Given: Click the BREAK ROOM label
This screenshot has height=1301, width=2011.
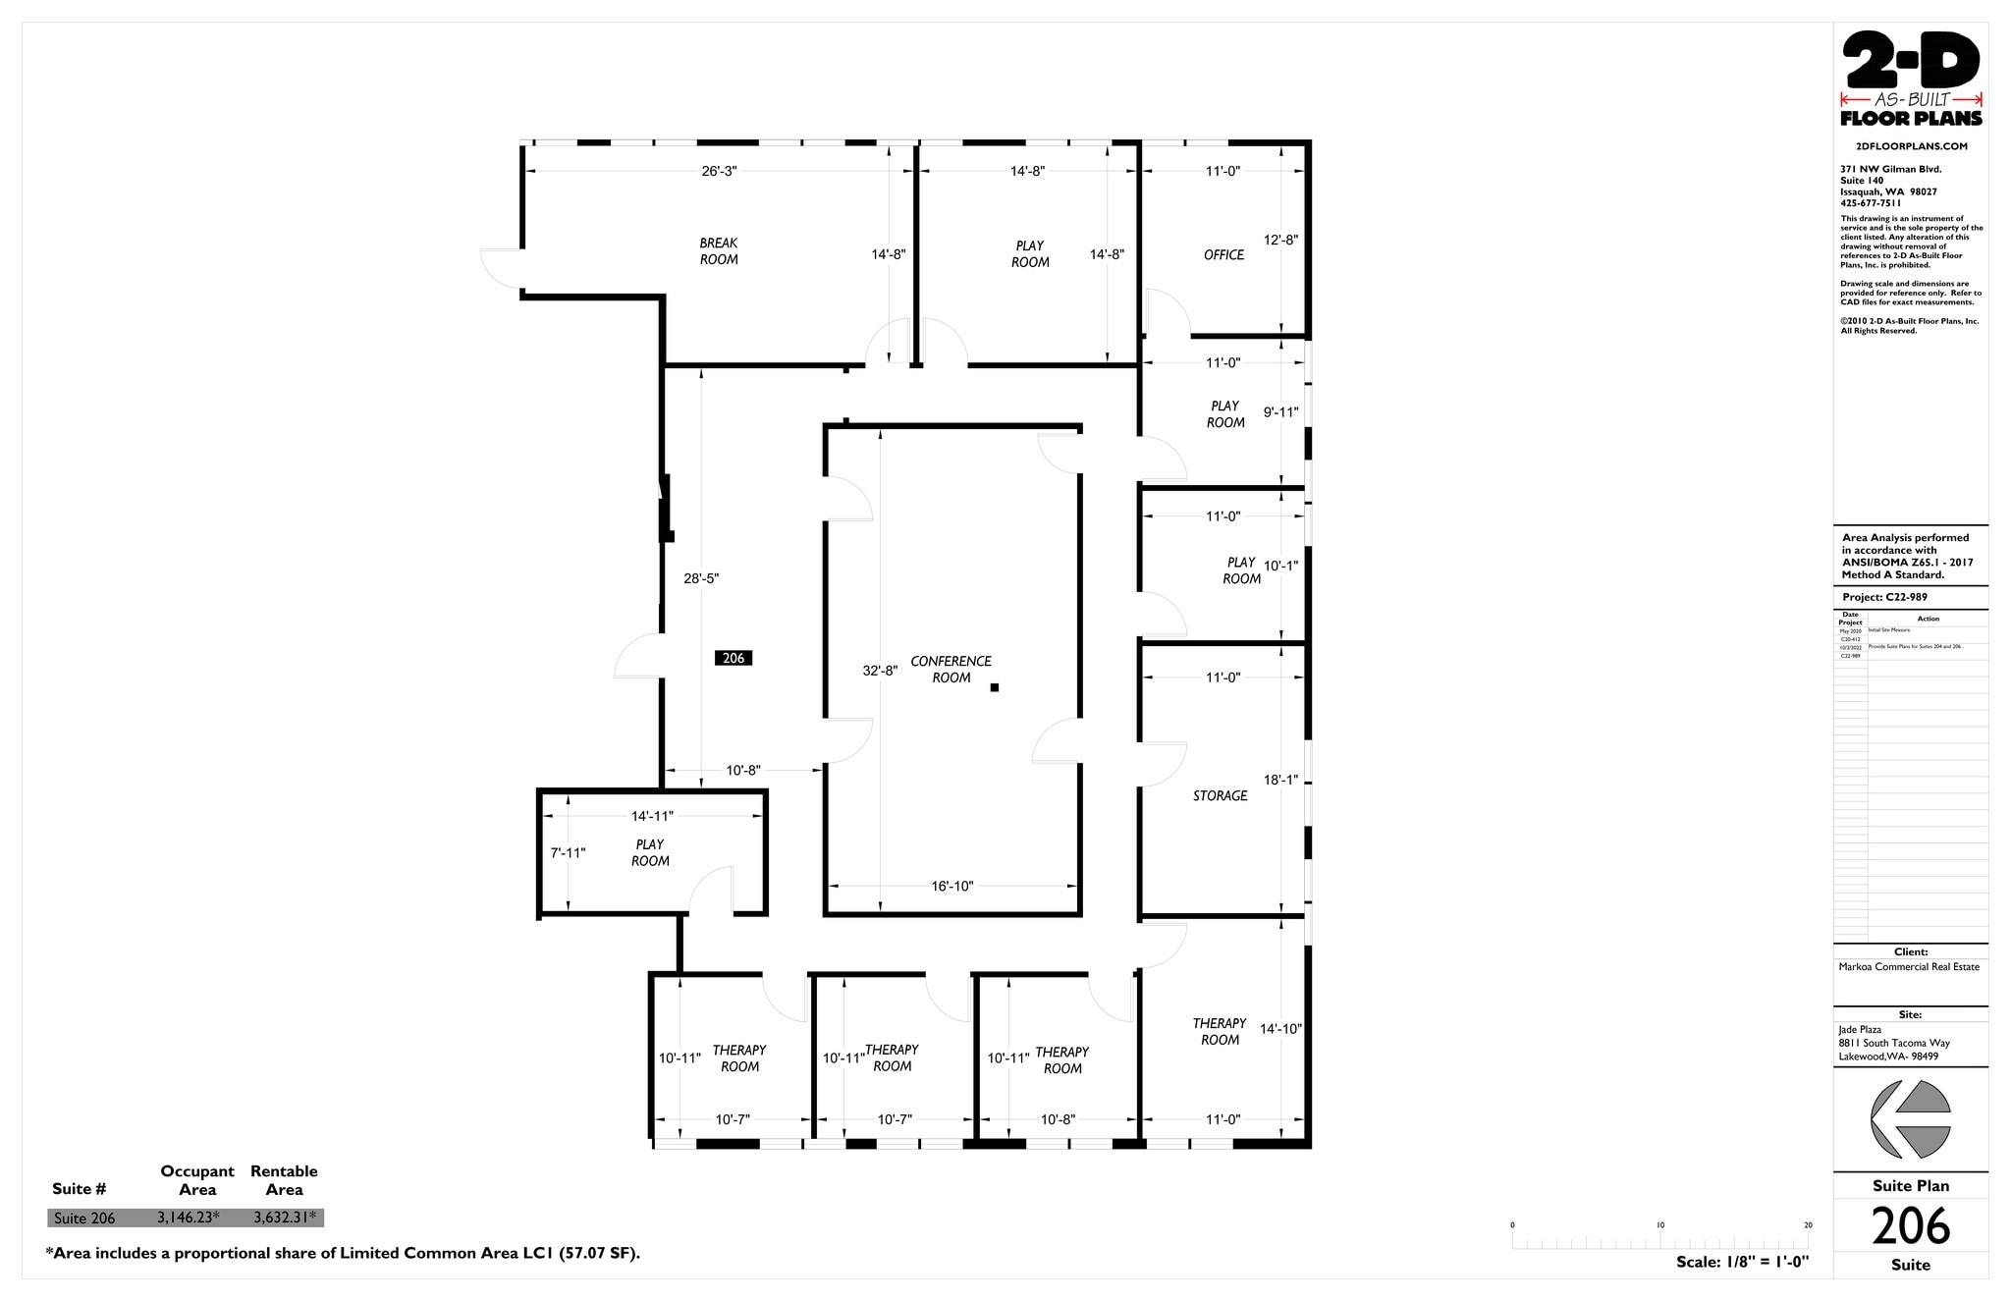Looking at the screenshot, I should point(719,251).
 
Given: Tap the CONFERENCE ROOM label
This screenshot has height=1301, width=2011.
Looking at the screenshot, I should point(951,669).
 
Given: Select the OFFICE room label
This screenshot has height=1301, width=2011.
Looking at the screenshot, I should point(1223,254).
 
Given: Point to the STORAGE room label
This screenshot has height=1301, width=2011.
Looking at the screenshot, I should point(1220,795).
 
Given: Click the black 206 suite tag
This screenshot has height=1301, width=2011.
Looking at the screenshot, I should point(734,658).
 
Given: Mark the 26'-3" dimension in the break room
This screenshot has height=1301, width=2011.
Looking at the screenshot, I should point(719,171).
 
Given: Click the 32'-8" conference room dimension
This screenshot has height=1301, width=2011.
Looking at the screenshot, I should point(880,671).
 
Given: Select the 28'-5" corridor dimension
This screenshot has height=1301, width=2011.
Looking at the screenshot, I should point(701,578).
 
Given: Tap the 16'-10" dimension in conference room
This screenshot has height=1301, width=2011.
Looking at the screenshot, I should point(951,886).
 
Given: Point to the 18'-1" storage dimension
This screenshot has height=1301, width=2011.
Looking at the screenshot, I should point(1280,780).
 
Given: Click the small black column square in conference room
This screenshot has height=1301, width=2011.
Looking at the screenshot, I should point(995,687).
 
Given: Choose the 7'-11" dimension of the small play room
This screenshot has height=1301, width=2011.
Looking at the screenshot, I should point(568,852).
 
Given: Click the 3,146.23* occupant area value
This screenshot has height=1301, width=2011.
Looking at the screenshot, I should point(189,1218).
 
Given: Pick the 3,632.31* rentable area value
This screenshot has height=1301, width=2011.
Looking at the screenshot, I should point(285,1218).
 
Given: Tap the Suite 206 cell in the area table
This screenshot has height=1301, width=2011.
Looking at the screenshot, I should point(84,1219).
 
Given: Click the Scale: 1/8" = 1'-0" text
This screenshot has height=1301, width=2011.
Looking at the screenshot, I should point(1742,1262).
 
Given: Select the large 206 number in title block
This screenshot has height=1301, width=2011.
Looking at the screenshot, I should point(1910,1225).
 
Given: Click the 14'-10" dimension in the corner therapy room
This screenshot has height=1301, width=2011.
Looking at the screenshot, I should point(1280,1029).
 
